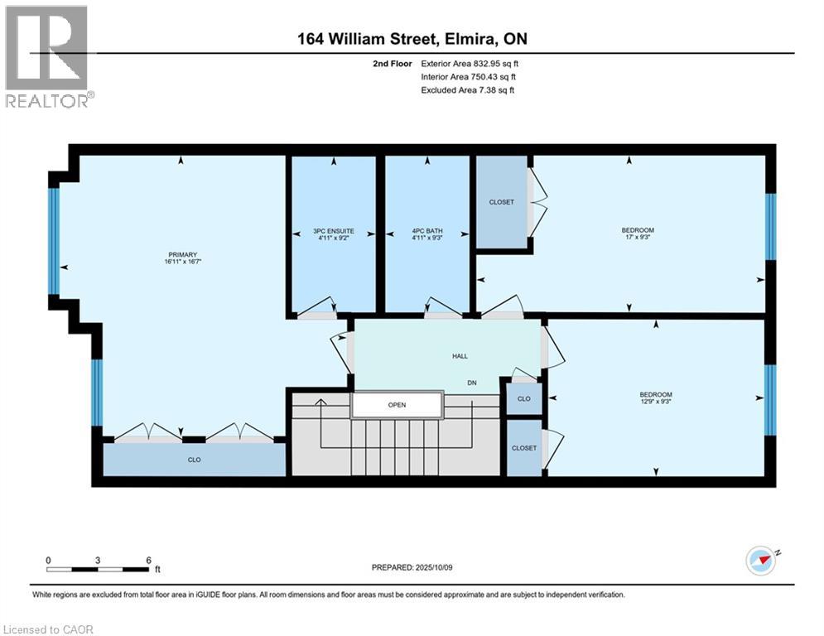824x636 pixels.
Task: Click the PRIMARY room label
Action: (182, 254)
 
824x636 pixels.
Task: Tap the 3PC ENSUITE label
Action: (334, 231)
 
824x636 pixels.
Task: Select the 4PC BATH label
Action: (427, 231)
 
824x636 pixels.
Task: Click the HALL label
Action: (460, 356)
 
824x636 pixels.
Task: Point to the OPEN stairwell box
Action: (397, 405)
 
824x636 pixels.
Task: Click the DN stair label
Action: (472, 383)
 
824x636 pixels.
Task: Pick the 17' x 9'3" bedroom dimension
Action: (638, 237)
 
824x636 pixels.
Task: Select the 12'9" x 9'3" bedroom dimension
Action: (656, 401)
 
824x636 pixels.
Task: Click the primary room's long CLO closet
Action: (195, 460)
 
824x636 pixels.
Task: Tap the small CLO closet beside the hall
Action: (524, 399)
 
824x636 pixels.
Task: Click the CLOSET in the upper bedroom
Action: (502, 202)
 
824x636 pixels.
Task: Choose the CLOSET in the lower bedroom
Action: (524, 448)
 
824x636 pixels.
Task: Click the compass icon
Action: (761, 561)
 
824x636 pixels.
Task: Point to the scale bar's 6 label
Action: (149, 561)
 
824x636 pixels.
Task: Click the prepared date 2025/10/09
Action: (434, 567)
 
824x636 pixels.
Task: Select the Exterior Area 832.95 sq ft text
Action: (470, 64)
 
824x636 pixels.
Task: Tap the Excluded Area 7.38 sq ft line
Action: (468, 90)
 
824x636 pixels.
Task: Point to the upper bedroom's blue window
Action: (770, 227)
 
